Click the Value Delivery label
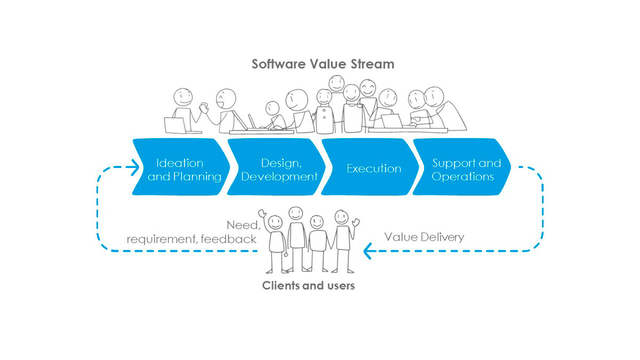click(x=425, y=237)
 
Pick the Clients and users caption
click(x=308, y=286)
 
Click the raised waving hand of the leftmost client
click(x=262, y=214)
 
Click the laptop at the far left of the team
click(x=174, y=125)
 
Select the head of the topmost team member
click(x=337, y=83)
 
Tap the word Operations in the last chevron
click(x=463, y=177)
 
